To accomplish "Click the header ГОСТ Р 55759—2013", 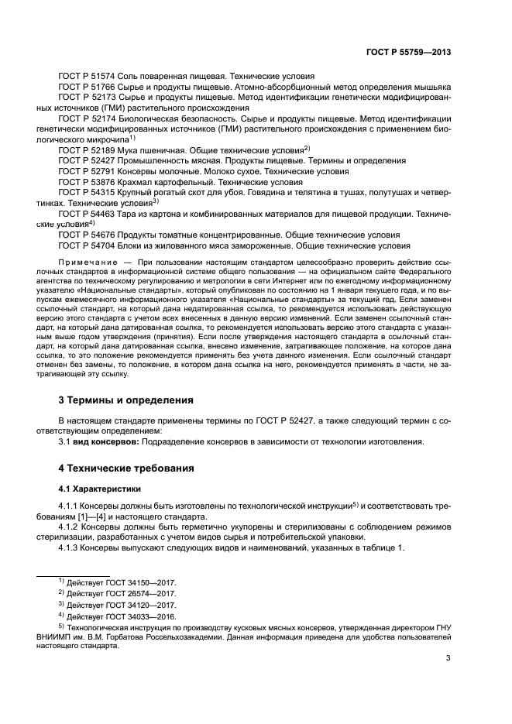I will tap(408, 52).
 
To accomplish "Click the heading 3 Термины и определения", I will tap(126, 400).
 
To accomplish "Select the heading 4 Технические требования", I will tap(127, 469).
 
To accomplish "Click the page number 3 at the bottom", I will tap(448, 660).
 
